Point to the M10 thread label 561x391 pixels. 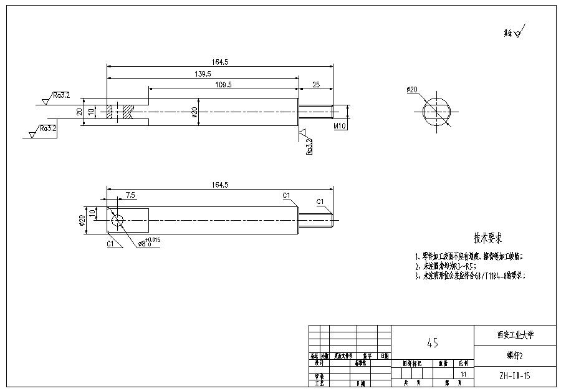tap(340, 126)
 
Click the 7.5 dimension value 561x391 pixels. tap(130, 195)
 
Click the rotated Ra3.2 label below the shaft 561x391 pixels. tap(309, 147)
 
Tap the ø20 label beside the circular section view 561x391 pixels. tap(412, 90)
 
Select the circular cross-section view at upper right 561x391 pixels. tap(438, 112)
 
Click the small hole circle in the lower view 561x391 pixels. tap(117, 220)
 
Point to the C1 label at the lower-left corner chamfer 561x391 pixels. tap(110, 244)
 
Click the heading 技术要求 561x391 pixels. tap(487, 238)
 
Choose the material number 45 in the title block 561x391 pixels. tap(432, 342)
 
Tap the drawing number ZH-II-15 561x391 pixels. tap(514, 376)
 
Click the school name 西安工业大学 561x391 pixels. tap(515, 335)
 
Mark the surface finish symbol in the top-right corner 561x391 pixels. tap(515, 31)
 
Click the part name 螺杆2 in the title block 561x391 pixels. tap(514, 355)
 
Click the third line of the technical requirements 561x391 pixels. tap(471, 275)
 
